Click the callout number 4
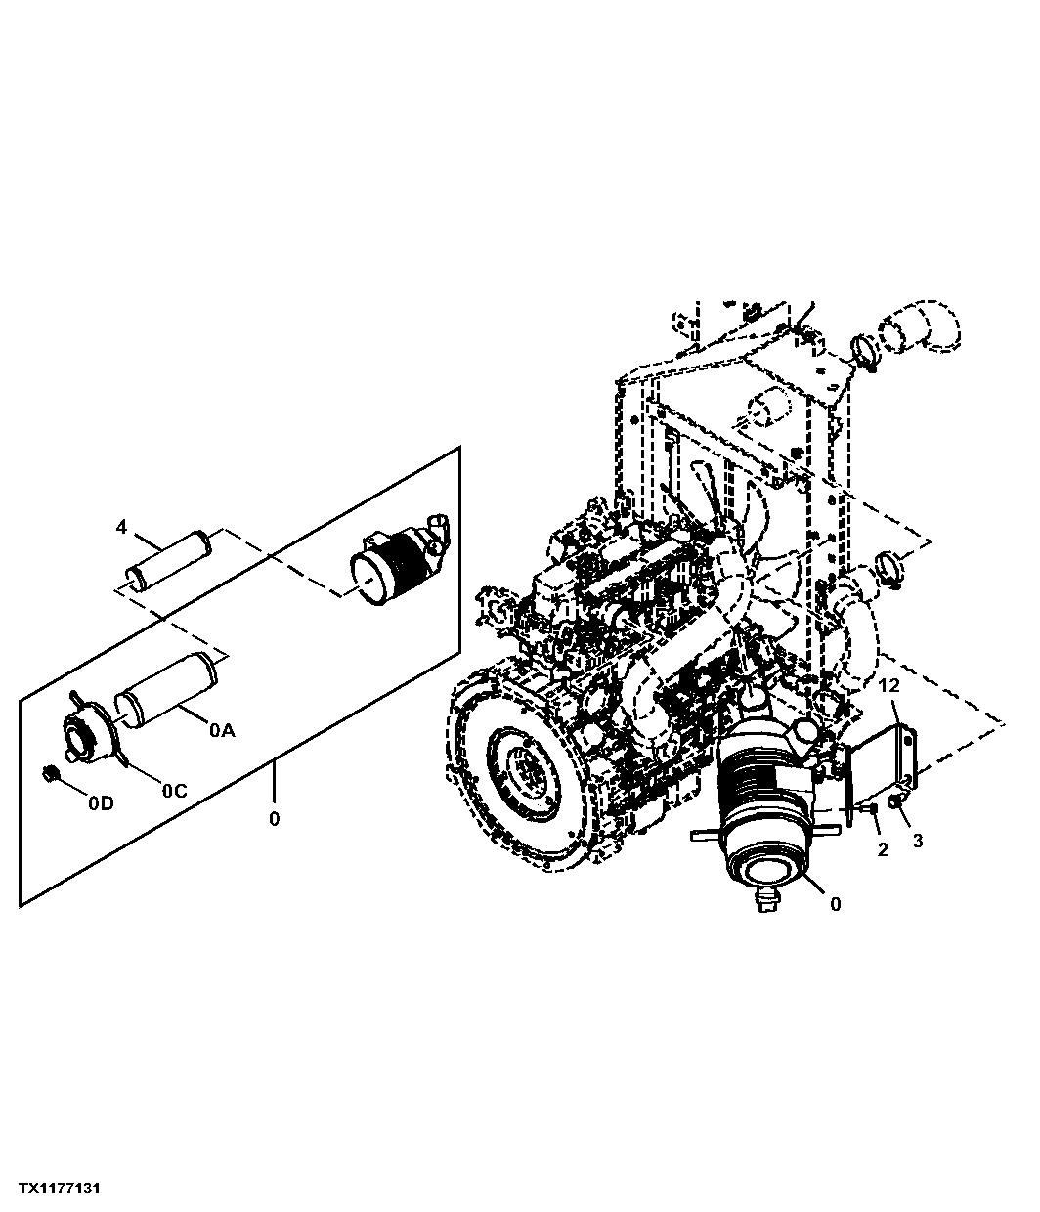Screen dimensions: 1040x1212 point(121,527)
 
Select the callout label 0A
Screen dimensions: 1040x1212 point(222,730)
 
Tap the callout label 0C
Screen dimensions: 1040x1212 point(175,791)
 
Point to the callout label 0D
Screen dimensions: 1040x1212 point(101,803)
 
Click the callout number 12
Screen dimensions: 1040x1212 point(889,685)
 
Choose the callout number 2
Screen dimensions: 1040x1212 point(883,849)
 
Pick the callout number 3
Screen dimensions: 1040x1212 point(918,841)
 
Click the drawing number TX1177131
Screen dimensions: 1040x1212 point(60,1189)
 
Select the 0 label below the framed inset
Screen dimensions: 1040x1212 point(275,819)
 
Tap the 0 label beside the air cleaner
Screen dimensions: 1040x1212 point(836,905)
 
